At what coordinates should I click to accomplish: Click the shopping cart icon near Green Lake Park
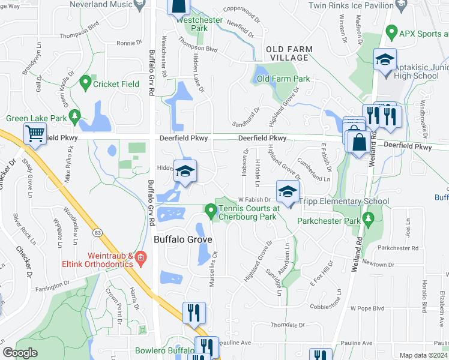point(36,133)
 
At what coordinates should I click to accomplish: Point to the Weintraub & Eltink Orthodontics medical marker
point(140,258)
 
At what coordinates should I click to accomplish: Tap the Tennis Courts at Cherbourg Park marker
point(211,211)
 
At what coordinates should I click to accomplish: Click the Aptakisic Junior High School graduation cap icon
point(384,59)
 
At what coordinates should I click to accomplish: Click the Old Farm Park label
point(283,79)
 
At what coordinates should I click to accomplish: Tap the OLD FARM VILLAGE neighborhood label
point(288,53)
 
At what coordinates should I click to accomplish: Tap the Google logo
point(20,353)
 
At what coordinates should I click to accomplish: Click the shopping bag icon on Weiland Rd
point(360,143)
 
